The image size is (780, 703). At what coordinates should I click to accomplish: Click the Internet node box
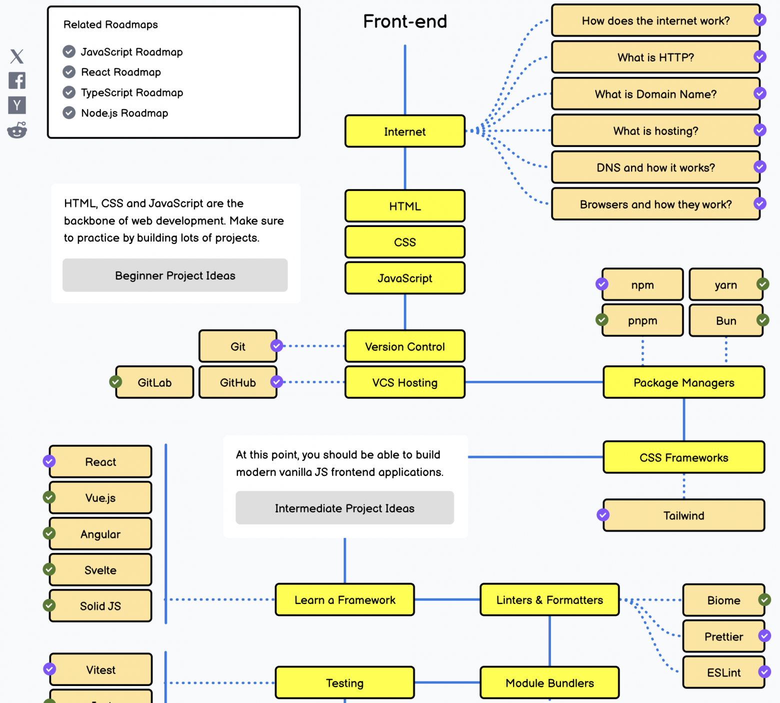point(404,131)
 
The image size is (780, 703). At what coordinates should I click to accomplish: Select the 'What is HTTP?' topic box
point(655,57)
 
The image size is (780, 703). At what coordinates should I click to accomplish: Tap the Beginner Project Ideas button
point(175,275)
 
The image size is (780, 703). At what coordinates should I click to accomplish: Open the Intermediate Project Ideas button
point(344,508)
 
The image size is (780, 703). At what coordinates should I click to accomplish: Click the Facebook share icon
point(17,80)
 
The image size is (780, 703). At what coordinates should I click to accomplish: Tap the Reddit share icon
point(17,130)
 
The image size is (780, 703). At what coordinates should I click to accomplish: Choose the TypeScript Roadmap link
point(132,92)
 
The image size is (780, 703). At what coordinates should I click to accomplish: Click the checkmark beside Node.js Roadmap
point(69,113)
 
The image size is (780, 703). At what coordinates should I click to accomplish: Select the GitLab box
point(154,382)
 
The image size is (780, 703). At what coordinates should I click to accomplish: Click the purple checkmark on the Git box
point(276,345)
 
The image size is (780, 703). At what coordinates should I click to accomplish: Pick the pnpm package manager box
point(642,320)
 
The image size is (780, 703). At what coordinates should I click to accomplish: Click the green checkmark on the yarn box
point(762,284)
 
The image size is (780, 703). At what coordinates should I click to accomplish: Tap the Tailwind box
point(683,515)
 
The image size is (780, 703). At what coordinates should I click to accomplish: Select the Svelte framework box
point(100,570)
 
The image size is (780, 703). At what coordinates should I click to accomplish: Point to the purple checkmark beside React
point(49,461)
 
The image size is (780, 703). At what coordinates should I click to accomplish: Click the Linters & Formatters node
point(549,600)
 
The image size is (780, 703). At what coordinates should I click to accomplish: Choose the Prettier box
point(723,636)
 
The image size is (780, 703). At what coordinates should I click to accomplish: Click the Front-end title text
point(405,21)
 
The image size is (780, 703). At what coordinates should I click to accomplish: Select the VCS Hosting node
point(404,382)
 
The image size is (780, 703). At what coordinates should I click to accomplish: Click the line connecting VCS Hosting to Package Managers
point(534,382)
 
